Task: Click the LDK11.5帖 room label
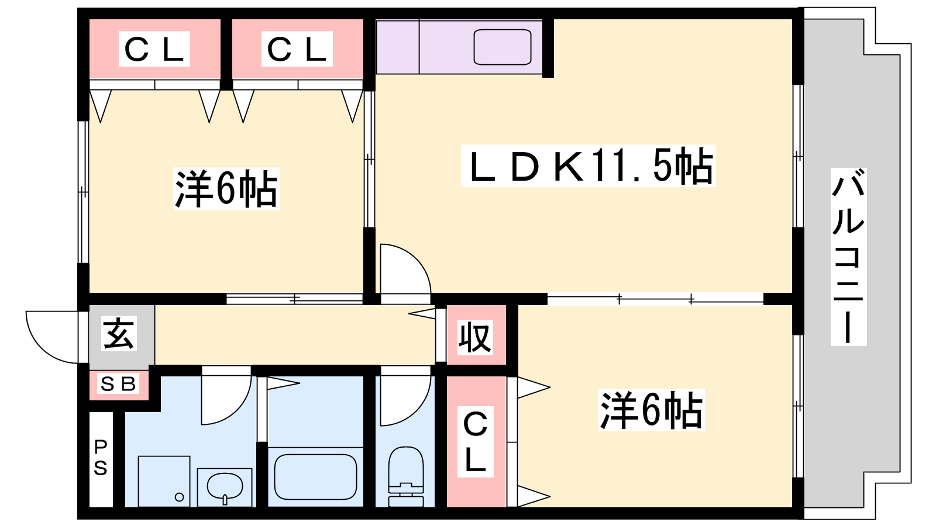pyautogui.click(x=588, y=167)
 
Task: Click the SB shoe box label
pyautogui.click(x=118, y=384)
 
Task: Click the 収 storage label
pyautogui.click(x=474, y=337)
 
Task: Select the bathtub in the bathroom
pyautogui.click(x=315, y=477)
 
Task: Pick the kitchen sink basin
pyautogui.click(x=503, y=47)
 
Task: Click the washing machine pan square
pyautogui.click(x=164, y=481)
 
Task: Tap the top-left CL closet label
pyautogui.click(x=154, y=49)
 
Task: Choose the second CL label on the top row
pyautogui.click(x=297, y=49)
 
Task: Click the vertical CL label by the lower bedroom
pyautogui.click(x=475, y=442)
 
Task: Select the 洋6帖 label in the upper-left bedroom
pyautogui.click(x=226, y=188)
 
